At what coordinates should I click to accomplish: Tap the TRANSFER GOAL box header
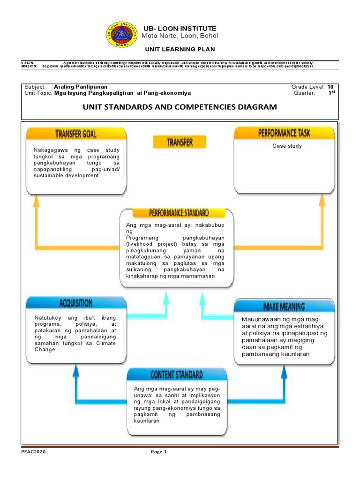[x=76, y=134]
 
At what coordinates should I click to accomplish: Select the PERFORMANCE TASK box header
[x=284, y=133]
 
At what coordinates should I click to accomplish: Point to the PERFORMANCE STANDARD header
[x=179, y=213]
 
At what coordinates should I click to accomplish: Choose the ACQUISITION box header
[x=76, y=303]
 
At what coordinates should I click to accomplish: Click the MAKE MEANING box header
[x=284, y=307]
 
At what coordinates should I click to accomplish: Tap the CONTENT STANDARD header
[x=177, y=375]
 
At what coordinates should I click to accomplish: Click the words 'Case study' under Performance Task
[x=287, y=146]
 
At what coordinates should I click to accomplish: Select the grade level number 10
[x=330, y=87]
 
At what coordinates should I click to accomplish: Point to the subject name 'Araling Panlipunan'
[x=81, y=87]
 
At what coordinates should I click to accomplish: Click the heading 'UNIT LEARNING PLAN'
[x=180, y=49]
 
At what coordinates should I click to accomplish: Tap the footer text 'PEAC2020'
[x=33, y=452]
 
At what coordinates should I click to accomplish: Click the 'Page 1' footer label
[x=158, y=452]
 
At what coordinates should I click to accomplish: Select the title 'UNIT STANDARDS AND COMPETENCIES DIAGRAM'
[x=180, y=107]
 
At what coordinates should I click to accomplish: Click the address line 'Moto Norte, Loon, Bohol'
[x=180, y=36]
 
